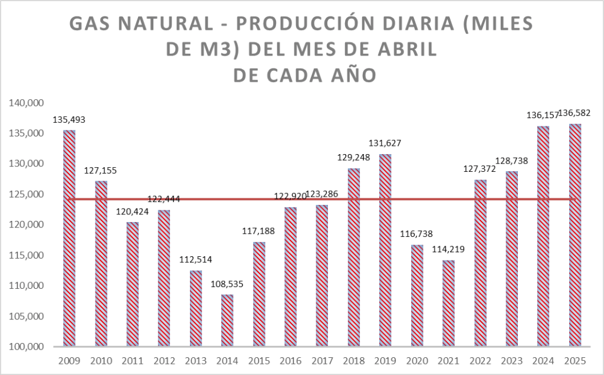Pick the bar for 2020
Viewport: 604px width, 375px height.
[x=417, y=295]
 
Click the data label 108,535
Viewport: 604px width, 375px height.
[x=227, y=284]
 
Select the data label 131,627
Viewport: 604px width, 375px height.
[x=385, y=144]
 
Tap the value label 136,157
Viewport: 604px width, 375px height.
[x=543, y=116]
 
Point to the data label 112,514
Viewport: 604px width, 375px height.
[x=195, y=260]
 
